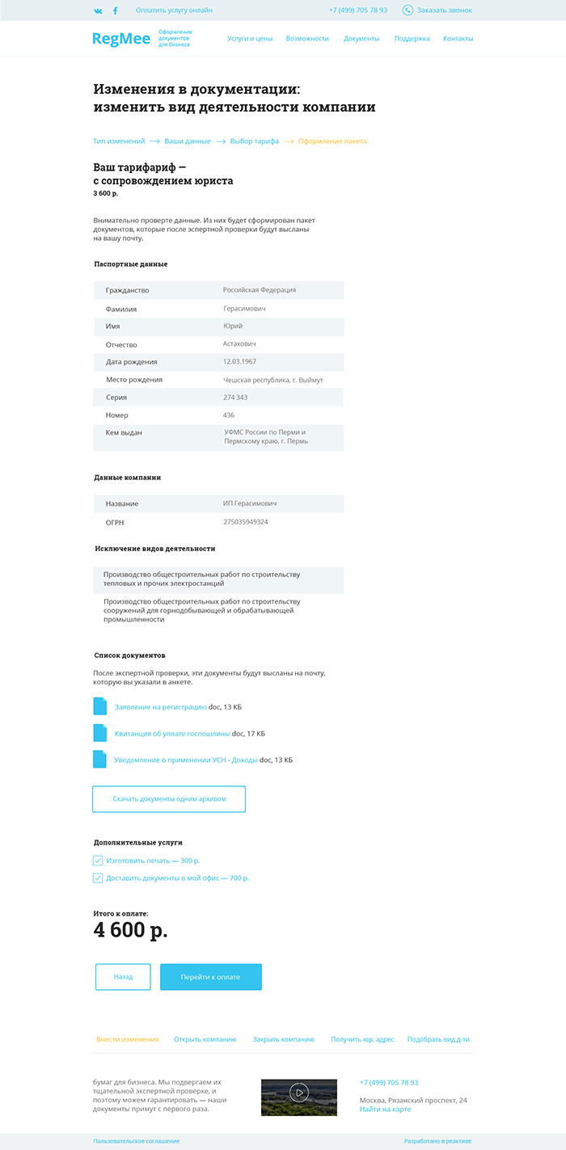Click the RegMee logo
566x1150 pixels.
click(x=121, y=39)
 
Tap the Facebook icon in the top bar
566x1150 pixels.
click(x=115, y=11)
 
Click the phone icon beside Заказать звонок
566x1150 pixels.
click(x=408, y=11)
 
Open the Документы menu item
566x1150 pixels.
click(x=361, y=39)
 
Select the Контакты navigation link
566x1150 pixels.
click(x=458, y=39)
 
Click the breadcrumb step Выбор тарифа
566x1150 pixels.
click(x=254, y=141)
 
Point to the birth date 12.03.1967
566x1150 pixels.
click(x=240, y=361)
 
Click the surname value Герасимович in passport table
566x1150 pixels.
click(x=244, y=309)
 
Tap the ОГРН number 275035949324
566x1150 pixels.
click(x=246, y=522)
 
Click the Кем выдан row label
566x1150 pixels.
click(x=124, y=433)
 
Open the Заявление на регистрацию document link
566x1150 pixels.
click(x=161, y=707)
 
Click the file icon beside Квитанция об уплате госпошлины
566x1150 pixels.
click(x=100, y=733)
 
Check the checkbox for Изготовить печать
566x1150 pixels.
click(x=98, y=861)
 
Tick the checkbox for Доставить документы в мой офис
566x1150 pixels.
click(x=98, y=878)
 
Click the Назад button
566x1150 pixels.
click(x=123, y=977)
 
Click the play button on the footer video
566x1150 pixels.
click(x=299, y=1093)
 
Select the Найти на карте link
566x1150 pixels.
click(x=385, y=1110)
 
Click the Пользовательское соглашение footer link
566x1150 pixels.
click(x=136, y=1141)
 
